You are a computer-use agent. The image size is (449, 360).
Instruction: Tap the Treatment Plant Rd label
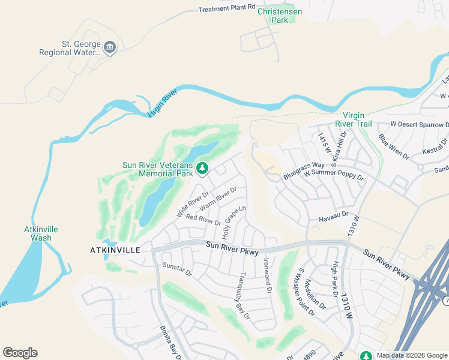pos(223,9)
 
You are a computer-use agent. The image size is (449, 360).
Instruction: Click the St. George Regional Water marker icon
pos(109,47)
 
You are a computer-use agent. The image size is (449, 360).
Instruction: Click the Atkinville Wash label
pos(37,233)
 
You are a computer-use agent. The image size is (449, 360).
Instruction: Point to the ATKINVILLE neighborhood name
pos(115,249)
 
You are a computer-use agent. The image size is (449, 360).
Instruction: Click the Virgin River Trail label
pos(357,119)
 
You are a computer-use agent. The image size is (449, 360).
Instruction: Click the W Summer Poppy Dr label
pos(333,175)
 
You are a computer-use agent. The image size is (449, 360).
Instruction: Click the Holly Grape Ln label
pos(235,220)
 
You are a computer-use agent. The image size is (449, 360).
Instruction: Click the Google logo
pos(20,353)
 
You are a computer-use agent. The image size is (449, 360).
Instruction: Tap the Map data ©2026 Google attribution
pos(410,355)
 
